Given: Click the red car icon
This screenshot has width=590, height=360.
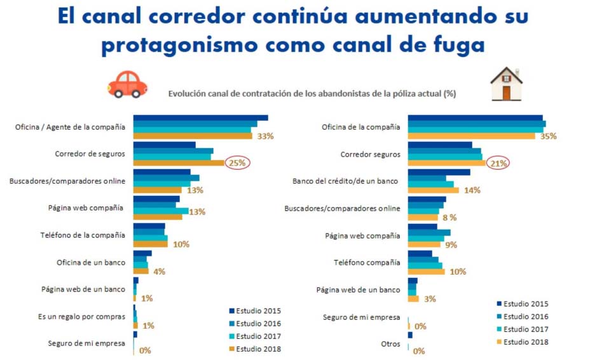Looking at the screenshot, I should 128,84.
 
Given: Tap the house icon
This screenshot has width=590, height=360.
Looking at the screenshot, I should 506,85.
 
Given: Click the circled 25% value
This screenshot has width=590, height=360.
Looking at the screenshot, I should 237,163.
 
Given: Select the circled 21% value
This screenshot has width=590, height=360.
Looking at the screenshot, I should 498,163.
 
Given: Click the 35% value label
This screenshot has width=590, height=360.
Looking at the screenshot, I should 547,136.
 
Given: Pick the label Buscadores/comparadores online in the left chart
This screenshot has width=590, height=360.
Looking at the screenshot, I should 67,181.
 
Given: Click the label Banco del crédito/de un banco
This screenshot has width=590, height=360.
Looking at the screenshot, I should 345,181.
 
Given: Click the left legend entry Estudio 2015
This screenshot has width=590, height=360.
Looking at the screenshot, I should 258,311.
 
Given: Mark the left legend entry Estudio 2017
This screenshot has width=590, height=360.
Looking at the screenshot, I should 258,336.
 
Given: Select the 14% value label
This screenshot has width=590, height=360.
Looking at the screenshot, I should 472,190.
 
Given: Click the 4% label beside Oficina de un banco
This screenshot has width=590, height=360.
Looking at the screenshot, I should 159,272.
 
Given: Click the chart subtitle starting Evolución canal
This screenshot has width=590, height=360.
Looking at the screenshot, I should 312,93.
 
